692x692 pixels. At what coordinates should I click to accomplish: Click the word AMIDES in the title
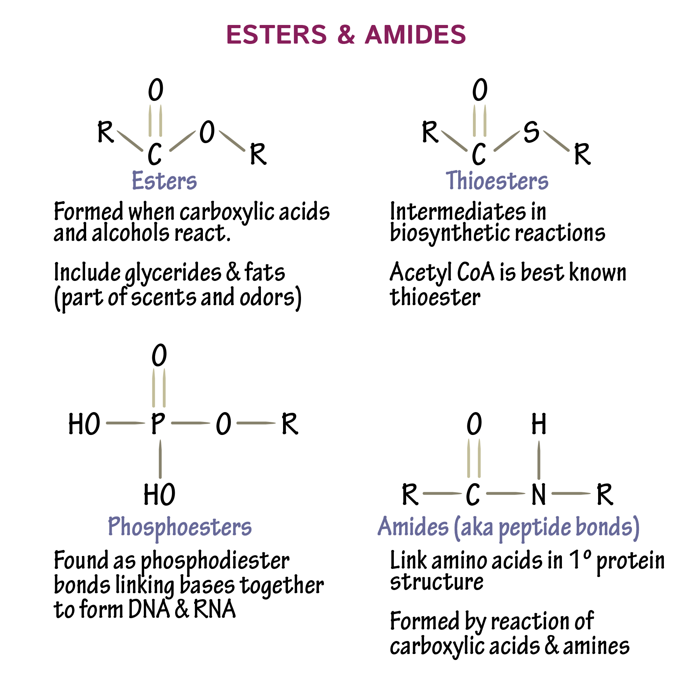(415, 35)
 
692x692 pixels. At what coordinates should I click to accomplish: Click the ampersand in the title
(346, 35)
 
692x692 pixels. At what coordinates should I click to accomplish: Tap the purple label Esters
(164, 180)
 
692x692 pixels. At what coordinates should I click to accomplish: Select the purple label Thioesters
(497, 180)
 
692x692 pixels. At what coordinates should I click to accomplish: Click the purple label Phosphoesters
(180, 527)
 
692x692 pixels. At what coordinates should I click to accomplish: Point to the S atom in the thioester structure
(531, 132)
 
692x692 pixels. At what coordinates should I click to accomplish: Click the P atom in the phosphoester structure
(158, 423)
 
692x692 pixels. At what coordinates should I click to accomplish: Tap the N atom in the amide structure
(539, 494)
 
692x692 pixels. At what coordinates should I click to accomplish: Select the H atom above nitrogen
(539, 424)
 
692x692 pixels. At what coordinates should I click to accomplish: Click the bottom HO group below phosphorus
(159, 495)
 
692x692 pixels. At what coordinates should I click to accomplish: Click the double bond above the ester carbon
(155, 121)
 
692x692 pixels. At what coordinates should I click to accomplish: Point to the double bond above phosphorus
(159, 388)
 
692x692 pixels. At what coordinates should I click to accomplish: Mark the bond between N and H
(539, 460)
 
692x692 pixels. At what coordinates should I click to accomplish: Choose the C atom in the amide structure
(473, 494)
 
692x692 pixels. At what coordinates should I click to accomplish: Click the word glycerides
(173, 273)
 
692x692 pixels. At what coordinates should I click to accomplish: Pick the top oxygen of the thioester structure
(480, 90)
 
